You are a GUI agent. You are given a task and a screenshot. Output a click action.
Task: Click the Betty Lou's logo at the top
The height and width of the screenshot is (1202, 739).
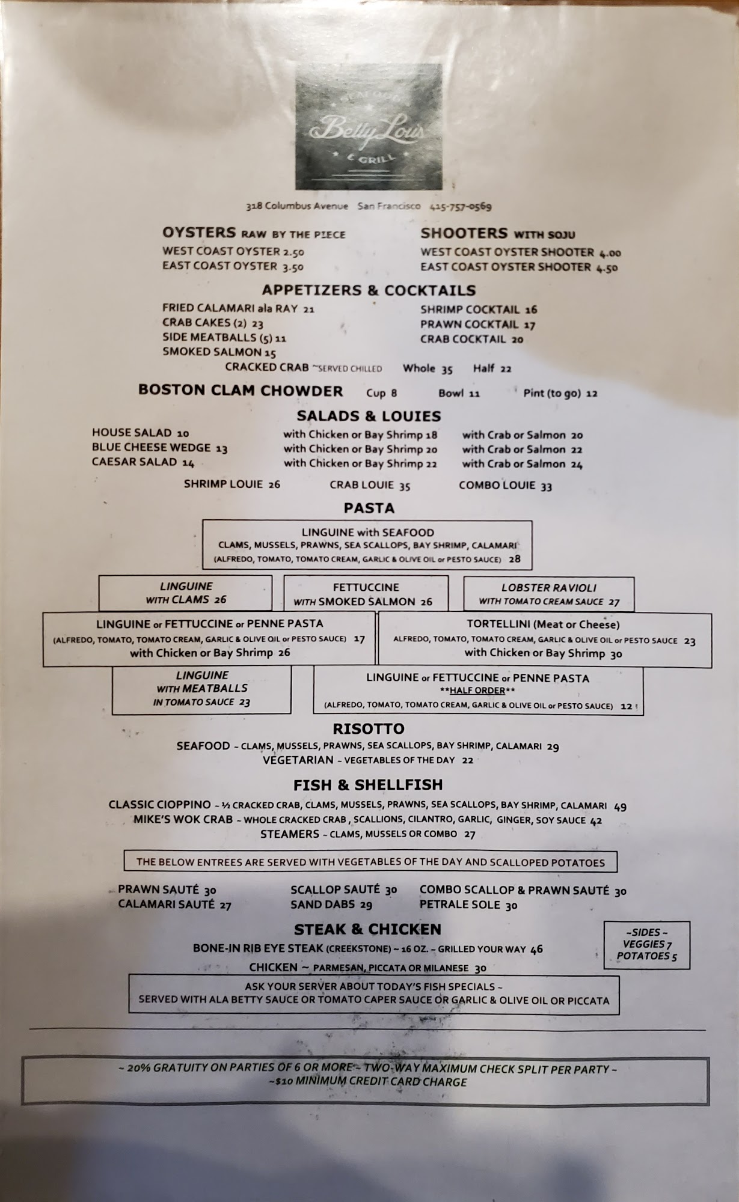[369, 127]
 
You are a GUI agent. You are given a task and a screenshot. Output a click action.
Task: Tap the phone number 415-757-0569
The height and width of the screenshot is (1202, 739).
[461, 206]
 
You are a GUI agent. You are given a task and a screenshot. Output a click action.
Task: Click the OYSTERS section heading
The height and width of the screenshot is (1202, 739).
[199, 233]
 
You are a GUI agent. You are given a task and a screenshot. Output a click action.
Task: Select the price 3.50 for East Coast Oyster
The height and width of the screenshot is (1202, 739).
[293, 267]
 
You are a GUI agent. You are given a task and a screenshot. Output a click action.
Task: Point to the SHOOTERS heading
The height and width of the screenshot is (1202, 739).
[464, 233]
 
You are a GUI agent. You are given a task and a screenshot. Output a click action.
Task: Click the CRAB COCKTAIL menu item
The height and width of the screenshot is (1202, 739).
[464, 339]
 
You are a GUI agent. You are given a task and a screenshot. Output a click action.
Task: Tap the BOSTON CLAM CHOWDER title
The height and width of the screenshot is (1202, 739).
[241, 391]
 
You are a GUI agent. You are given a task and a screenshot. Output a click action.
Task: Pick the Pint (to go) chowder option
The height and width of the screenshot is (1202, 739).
[552, 394]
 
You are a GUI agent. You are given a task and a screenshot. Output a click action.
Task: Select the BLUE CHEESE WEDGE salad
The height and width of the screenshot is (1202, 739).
[152, 448]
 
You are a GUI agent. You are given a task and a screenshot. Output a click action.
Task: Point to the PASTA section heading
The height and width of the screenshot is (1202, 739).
[369, 508]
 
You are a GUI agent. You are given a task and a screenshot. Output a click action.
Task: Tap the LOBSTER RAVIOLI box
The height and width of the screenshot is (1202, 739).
[549, 594]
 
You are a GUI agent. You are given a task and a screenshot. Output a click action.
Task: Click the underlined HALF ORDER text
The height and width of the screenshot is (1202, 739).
[478, 691]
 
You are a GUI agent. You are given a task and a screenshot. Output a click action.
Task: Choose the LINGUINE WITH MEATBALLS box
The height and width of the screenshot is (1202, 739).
[202, 689]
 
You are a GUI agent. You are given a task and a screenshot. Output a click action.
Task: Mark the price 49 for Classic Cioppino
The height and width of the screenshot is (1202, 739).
[620, 807]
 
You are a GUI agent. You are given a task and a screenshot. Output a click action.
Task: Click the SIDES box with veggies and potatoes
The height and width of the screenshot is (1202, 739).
[646, 945]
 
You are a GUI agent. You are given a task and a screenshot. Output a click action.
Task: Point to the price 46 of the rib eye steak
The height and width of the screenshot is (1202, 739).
[536, 949]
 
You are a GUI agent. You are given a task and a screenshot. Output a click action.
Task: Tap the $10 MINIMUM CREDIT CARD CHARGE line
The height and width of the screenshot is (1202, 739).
[368, 1082]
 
